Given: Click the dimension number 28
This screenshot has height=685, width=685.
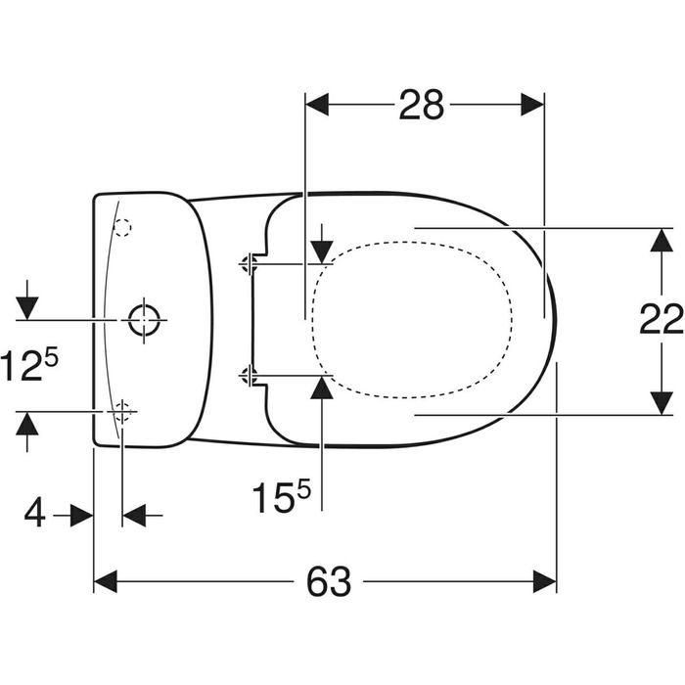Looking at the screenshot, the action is coord(421,105).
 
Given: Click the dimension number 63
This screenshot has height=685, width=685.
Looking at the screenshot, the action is coord(329,582).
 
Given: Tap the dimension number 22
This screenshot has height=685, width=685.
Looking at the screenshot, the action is coord(661,319).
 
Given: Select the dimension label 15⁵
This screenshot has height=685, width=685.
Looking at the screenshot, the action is coord(281,497).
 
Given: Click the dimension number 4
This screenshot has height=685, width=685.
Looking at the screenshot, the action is coord(34,514).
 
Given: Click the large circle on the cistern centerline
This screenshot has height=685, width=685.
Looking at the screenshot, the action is coord(144,320).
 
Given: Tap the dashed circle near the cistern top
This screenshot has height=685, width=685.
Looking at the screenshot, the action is coord(122,227).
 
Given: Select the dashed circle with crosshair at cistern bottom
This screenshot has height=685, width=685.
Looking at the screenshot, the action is coord(122,412).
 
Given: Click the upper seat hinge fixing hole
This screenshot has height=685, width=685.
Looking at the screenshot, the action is coord(249,264).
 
